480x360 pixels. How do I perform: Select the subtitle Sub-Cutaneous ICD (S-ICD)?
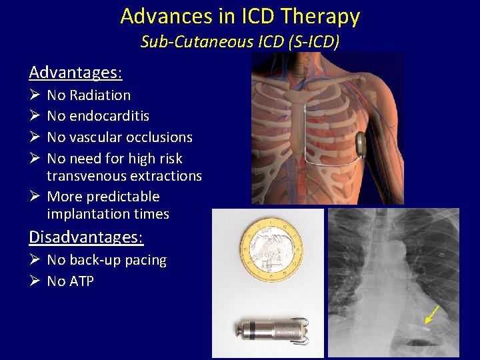(x=240, y=42)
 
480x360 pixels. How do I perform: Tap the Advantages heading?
(x=75, y=71)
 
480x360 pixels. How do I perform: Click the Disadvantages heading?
(x=86, y=237)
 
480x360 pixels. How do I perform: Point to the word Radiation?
(x=99, y=95)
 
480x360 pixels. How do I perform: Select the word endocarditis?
(x=108, y=116)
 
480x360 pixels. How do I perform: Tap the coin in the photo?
(x=271, y=252)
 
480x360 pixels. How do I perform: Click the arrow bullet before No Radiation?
(x=35, y=95)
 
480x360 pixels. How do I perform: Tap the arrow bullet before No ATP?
(x=35, y=281)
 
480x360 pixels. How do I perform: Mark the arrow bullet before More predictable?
(x=35, y=197)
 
